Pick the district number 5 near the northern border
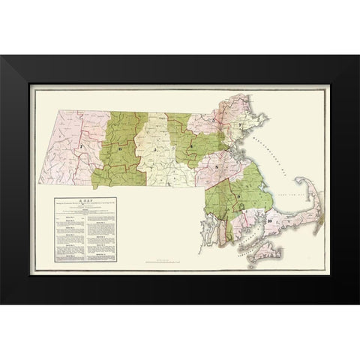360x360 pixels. (x=217, y=120)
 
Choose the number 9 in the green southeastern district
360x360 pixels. (x=239, y=196)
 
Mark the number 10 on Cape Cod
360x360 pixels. (x=268, y=222)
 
